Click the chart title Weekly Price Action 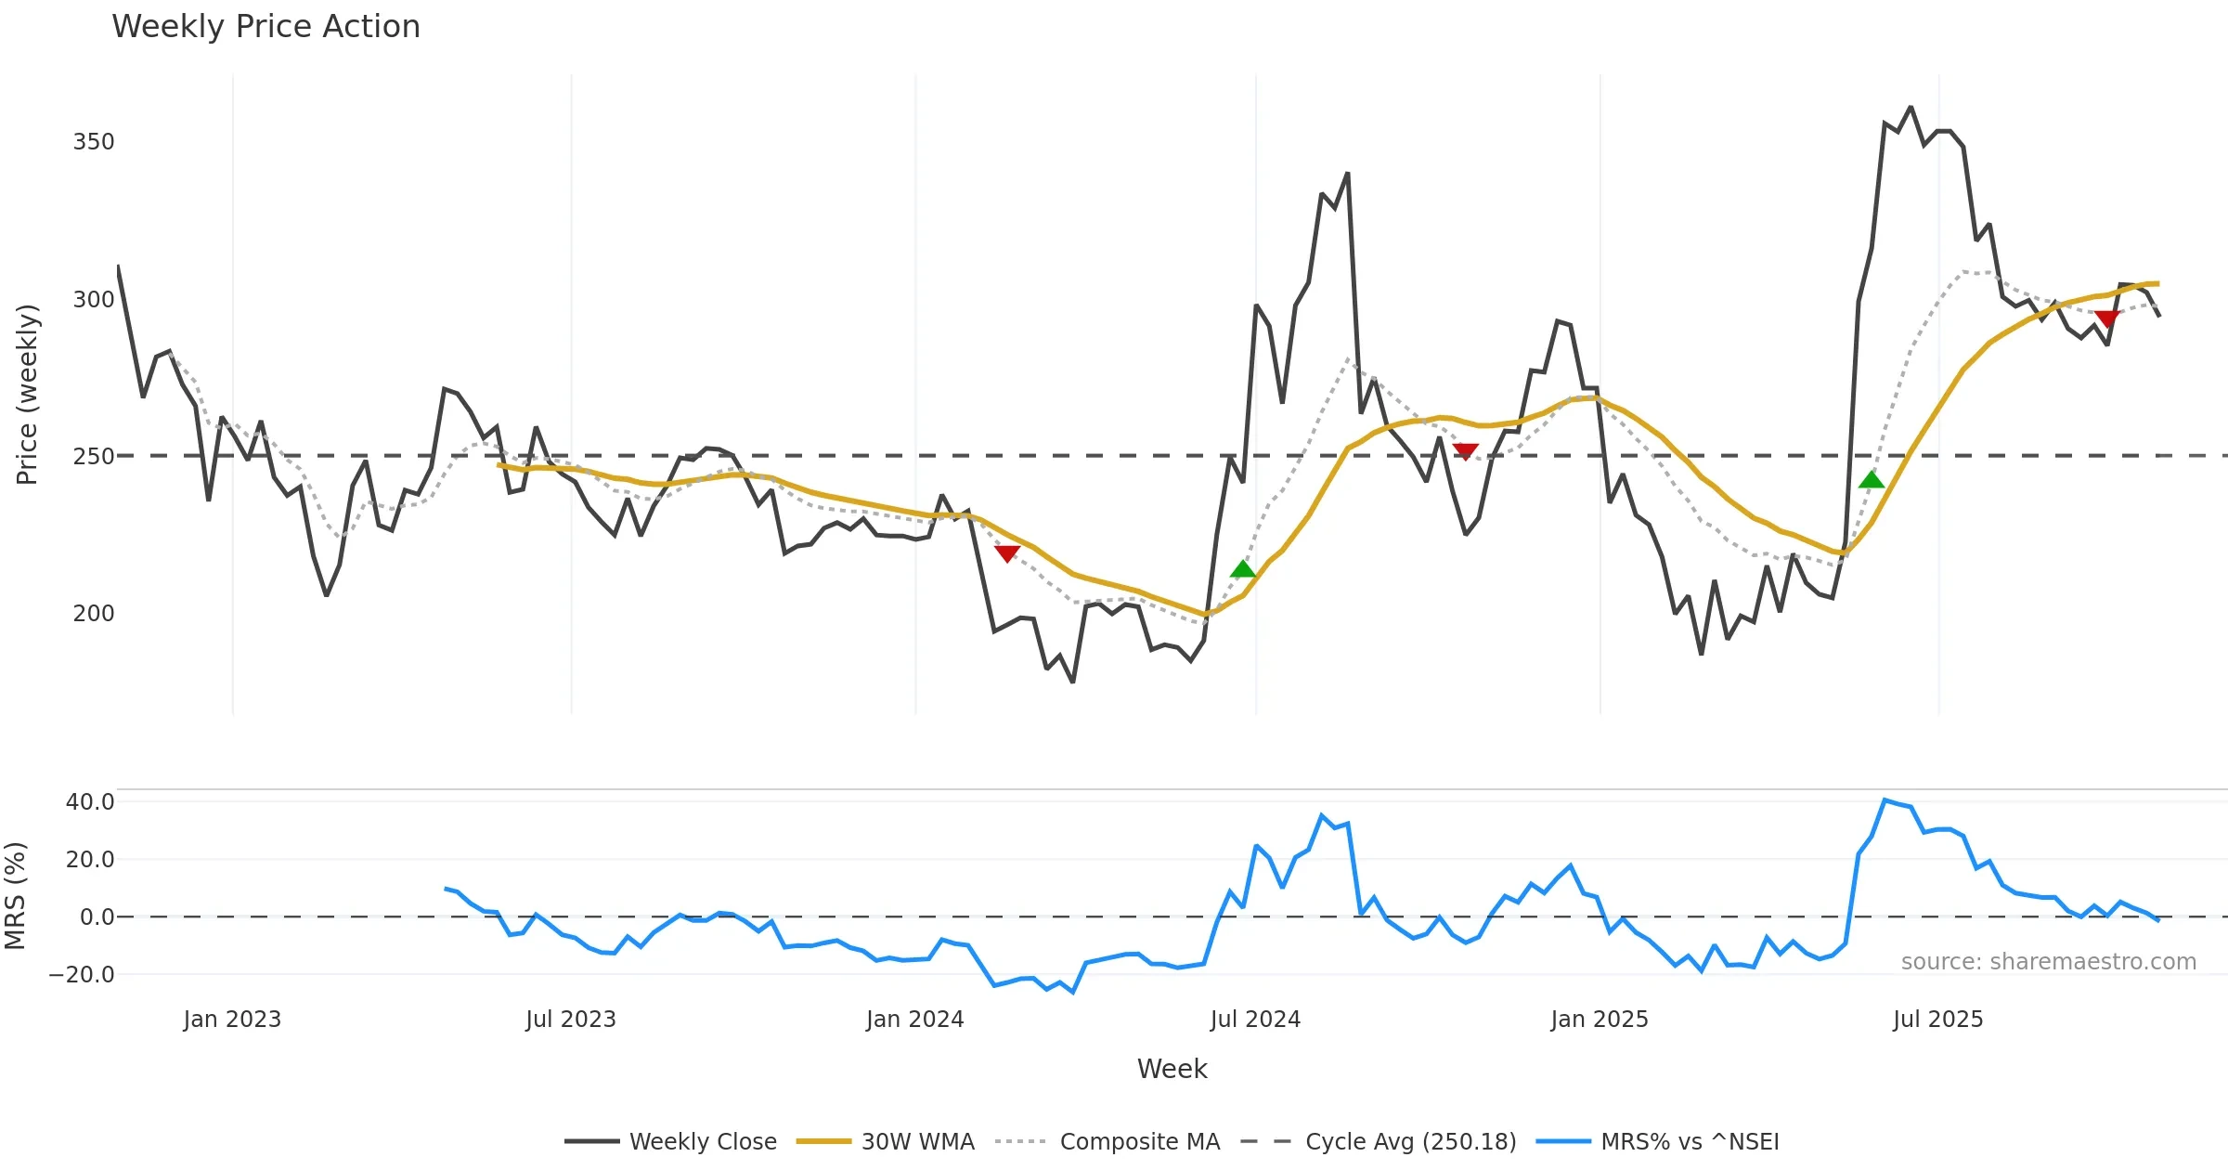(x=266, y=27)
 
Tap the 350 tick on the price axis (x=94, y=142)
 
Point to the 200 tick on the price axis (x=94, y=614)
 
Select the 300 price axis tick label (x=94, y=300)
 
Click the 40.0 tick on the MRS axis (x=90, y=802)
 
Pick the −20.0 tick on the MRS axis (x=82, y=975)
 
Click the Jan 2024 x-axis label (x=915, y=1020)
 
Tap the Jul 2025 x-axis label (x=1938, y=1020)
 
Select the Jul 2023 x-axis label (x=571, y=1020)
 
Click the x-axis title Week (x=1172, y=1070)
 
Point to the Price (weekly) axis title (x=28, y=395)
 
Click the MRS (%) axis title (x=16, y=896)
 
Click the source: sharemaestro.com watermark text (x=2048, y=962)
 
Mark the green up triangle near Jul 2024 (x=1242, y=569)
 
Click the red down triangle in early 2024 (x=1007, y=553)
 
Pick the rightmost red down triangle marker (x=2107, y=319)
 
